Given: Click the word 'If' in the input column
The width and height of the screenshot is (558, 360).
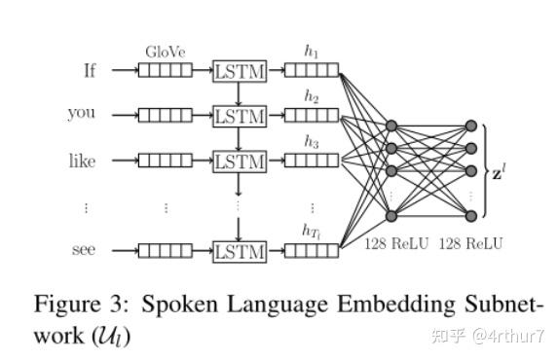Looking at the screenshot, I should [x=90, y=70].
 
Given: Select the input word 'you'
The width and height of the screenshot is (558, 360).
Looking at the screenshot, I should [x=82, y=114].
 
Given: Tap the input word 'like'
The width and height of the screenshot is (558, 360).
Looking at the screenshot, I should [x=82, y=161].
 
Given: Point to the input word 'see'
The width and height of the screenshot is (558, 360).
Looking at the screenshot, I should [x=84, y=250].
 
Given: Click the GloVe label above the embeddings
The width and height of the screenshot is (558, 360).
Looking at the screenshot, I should [x=165, y=52].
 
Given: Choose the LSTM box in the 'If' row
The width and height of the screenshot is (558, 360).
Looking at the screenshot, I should [x=240, y=71].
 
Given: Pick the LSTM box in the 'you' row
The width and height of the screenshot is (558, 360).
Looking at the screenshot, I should [x=240, y=116].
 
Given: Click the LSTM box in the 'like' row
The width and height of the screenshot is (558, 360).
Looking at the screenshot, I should [x=240, y=161].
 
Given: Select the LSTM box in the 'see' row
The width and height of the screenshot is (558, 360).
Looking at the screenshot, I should [x=240, y=250].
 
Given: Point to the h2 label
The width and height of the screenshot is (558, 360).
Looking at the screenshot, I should [x=312, y=98].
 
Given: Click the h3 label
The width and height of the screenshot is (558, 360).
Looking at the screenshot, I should [x=312, y=143].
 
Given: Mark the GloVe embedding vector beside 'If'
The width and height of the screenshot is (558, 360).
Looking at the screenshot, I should [x=165, y=70].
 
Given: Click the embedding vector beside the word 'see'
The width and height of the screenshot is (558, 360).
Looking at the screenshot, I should [x=165, y=250].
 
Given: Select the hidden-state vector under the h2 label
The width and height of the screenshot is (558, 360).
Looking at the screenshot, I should [x=312, y=116].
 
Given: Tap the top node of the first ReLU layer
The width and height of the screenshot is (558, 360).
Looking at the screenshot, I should [x=391, y=126].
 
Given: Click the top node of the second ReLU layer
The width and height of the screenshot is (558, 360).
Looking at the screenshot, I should [x=471, y=126].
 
